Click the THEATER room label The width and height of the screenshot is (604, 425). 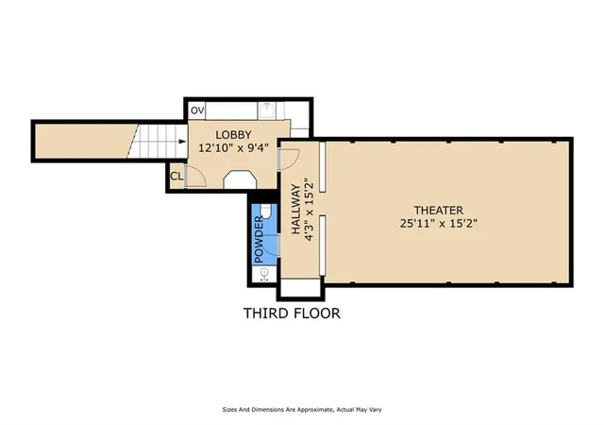click(438, 211)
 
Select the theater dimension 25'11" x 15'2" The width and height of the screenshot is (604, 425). click(438, 223)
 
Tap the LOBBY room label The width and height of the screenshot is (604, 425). click(233, 135)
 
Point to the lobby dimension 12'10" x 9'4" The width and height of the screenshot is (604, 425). click(233, 147)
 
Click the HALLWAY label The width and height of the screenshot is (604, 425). click(295, 209)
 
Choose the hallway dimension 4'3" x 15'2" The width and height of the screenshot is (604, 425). click(310, 210)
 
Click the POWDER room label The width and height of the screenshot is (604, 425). click(259, 239)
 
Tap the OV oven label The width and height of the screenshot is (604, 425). click(197, 110)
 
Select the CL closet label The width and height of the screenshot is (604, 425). click(176, 177)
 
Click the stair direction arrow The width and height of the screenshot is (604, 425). click(182, 142)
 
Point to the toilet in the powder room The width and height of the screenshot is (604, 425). click(266, 211)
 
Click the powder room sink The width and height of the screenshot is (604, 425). click(264, 274)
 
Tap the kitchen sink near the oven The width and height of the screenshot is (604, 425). click(266, 110)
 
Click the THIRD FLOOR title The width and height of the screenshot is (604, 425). click(292, 314)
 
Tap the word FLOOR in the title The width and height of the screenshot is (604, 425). click(317, 314)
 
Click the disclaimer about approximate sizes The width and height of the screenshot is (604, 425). click(302, 410)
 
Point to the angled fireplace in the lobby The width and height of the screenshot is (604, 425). click(241, 179)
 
